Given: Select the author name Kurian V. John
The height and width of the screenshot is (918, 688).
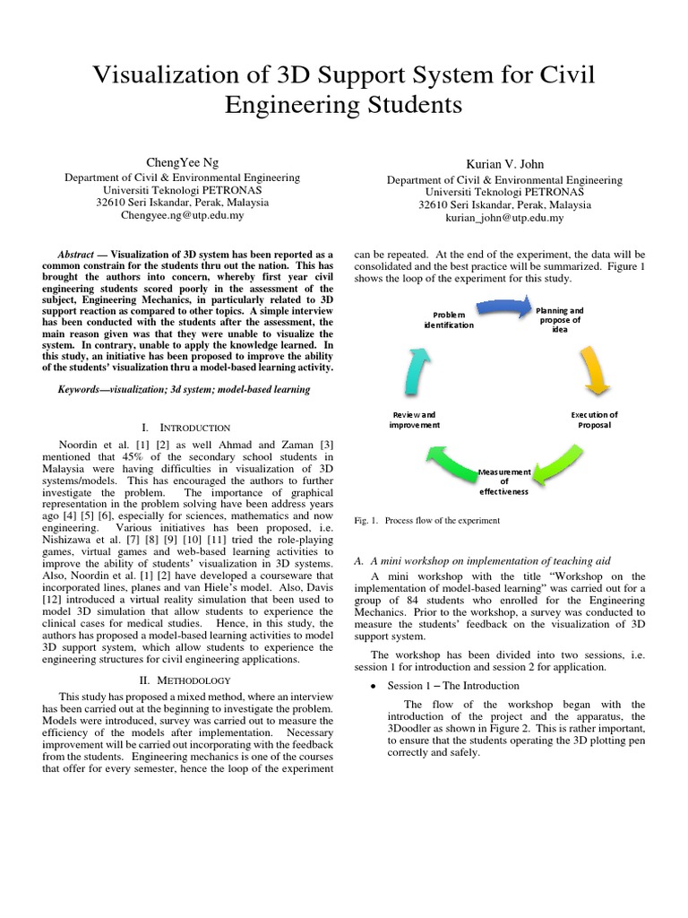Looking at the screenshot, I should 504,164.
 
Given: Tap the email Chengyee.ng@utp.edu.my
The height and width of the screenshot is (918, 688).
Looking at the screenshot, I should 169,215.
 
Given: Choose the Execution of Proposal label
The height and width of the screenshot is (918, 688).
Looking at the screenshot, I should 595,420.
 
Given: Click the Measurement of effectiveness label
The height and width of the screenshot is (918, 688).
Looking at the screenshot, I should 504,481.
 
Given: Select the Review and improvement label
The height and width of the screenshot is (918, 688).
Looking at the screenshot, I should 414,420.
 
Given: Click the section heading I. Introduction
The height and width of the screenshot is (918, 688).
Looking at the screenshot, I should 186,429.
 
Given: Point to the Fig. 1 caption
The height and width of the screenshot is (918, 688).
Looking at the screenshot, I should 427,521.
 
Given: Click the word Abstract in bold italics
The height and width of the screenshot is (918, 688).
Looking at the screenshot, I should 75,255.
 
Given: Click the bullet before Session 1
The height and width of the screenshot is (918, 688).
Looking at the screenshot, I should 373,686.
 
